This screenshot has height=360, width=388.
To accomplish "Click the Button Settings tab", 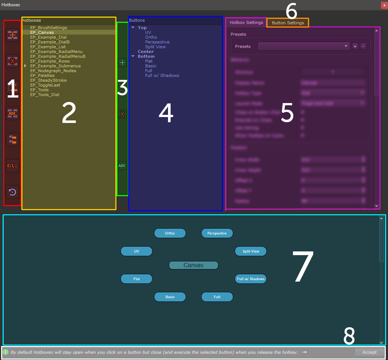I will [x=288, y=23].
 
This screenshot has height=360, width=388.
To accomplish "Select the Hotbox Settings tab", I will [x=246, y=22].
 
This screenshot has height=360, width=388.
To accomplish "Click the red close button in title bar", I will [x=384, y=5].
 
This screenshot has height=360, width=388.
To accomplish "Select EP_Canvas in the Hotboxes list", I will [x=42, y=32].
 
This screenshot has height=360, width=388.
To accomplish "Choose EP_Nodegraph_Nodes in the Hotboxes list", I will [x=53, y=71].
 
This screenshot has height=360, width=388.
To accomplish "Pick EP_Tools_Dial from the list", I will [x=45, y=95].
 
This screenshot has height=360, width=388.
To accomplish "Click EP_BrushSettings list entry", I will [x=49, y=28].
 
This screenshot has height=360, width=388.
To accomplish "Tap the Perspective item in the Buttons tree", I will [x=157, y=42].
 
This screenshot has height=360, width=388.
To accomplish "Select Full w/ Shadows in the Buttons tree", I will [x=162, y=75].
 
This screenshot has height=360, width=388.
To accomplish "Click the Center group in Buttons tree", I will [x=146, y=52].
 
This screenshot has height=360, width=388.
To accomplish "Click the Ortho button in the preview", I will [x=170, y=233].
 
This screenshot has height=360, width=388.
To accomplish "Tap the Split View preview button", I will [x=251, y=251].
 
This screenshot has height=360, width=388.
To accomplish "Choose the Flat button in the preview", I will [x=136, y=279].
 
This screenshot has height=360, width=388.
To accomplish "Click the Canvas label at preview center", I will [x=193, y=265].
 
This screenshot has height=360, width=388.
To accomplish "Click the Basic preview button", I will [x=170, y=297].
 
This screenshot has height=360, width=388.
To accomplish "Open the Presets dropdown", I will [x=304, y=46].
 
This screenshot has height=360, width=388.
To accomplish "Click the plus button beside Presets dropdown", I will [x=355, y=46].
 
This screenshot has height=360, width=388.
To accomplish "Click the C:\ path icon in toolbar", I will [x=13, y=166].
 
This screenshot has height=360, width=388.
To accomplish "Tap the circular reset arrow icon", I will [x=13, y=192].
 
